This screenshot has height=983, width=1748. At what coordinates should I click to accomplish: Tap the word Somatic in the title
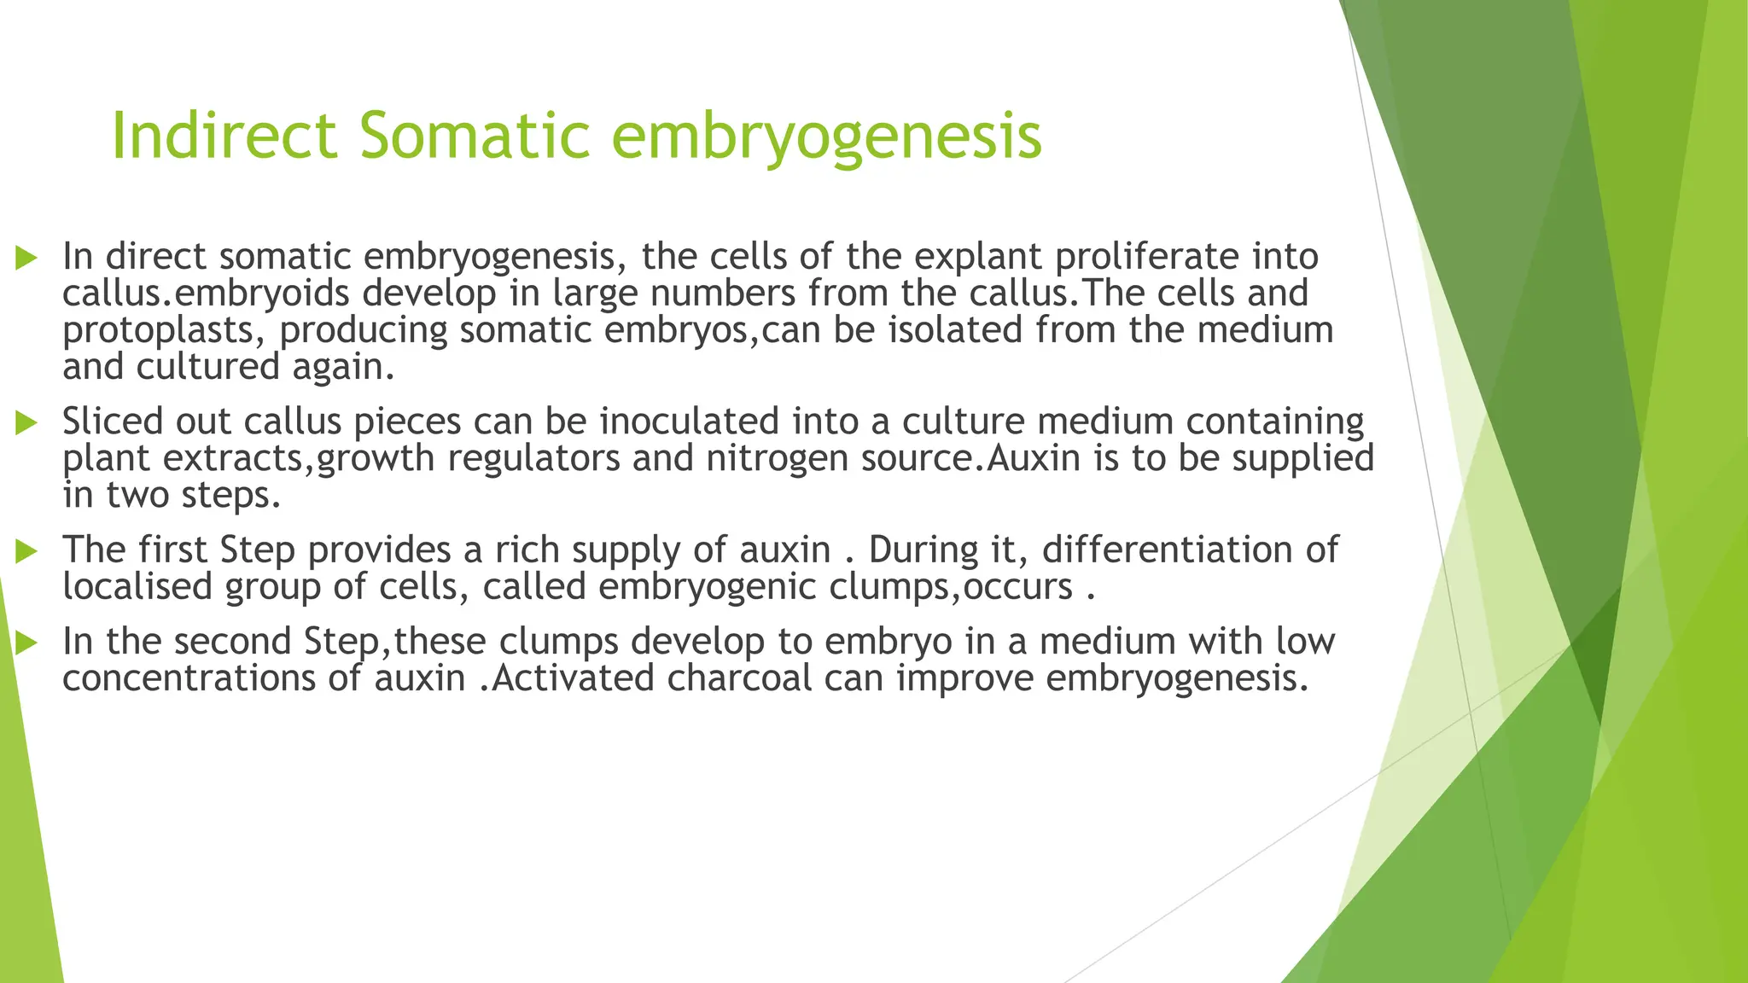pos(475,136)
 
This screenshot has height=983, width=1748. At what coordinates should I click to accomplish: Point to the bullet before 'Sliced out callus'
pos(26,422)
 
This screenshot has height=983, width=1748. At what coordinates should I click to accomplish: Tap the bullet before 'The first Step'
pos(26,551)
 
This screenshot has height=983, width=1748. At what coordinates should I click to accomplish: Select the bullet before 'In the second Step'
pos(26,643)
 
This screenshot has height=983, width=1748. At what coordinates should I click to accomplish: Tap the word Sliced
pos(112,422)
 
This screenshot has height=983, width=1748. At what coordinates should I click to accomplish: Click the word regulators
pos(533,459)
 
